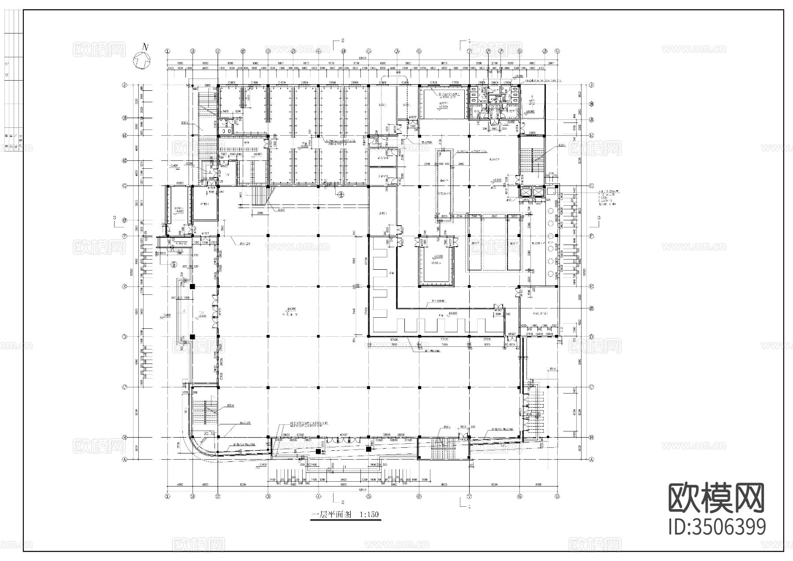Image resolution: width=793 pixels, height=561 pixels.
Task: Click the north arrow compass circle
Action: [x=143, y=59]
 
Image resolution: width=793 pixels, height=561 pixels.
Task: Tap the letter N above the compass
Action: [x=145, y=46]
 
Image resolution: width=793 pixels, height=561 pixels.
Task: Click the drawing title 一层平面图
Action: [x=331, y=515]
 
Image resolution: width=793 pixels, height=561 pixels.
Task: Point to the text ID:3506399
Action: [x=717, y=527]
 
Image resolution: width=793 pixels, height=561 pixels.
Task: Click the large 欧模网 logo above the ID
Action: [x=717, y=498]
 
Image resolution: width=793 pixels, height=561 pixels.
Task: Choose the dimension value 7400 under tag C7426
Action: [x=445, y=345]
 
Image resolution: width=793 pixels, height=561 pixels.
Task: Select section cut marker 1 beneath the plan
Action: [x=469, y=507]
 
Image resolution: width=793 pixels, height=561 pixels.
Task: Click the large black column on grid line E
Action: [x=193, y=287]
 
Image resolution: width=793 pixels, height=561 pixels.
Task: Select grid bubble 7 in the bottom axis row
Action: [x=470, y=495]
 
